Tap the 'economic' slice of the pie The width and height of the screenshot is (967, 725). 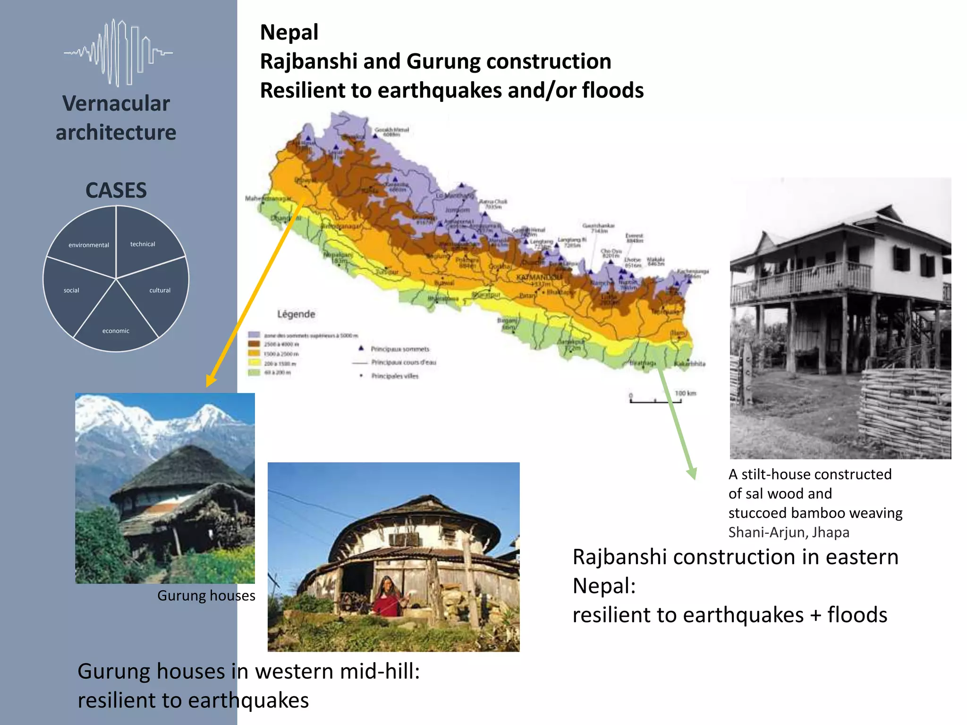(116, 326)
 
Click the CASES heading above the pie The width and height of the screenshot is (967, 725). (116, 190)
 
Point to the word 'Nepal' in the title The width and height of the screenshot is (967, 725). (289, 33)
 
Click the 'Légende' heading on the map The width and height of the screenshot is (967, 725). (296, 314)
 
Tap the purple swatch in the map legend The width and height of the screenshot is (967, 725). (254, 335)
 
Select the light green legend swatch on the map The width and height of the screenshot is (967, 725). (254, 372)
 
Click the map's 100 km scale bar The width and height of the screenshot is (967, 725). (656, 401)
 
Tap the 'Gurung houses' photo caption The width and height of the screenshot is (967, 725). (206, 596)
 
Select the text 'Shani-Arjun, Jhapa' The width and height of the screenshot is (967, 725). (789, 532)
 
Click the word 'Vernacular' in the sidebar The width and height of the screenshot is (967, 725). (116, 103)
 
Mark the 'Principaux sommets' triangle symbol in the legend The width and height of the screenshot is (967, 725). (361, 348)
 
